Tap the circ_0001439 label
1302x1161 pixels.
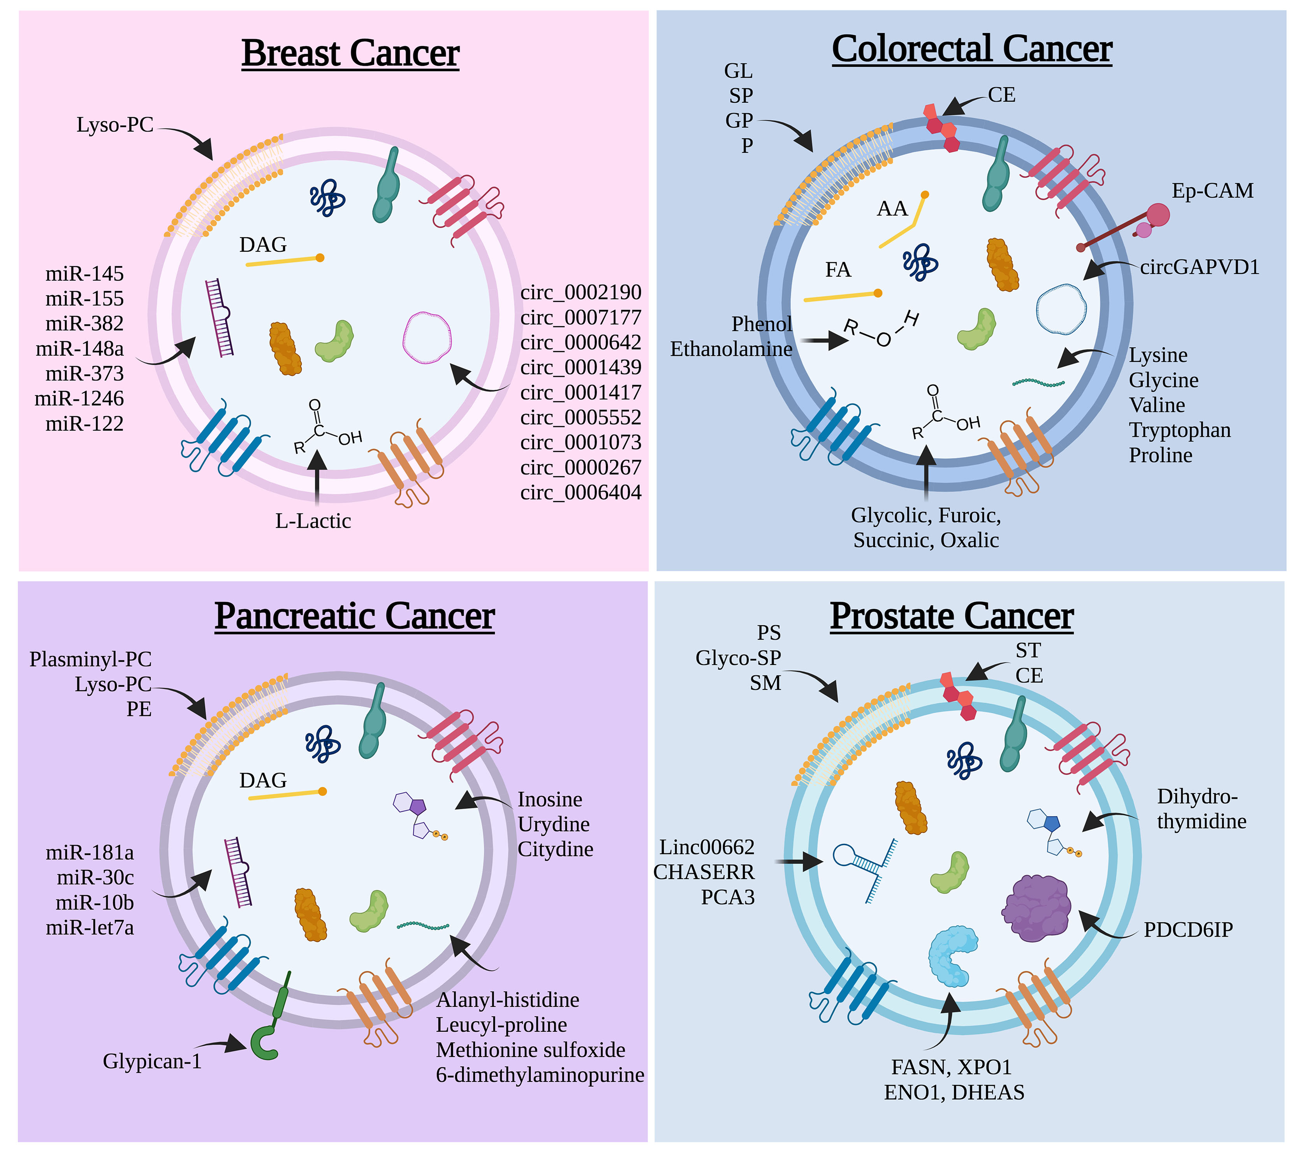coord(581,368)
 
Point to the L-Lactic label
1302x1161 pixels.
coord(313,521)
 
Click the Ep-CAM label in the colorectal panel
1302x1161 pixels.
coord(1212,191)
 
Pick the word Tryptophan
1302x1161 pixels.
coord(1179,430)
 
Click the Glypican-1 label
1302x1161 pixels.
coord(152,1061)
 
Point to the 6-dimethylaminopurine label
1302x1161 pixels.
coord(540,1075)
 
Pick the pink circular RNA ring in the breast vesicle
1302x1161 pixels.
coord(427,338)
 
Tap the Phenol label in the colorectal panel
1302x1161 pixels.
coord(762,324)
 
